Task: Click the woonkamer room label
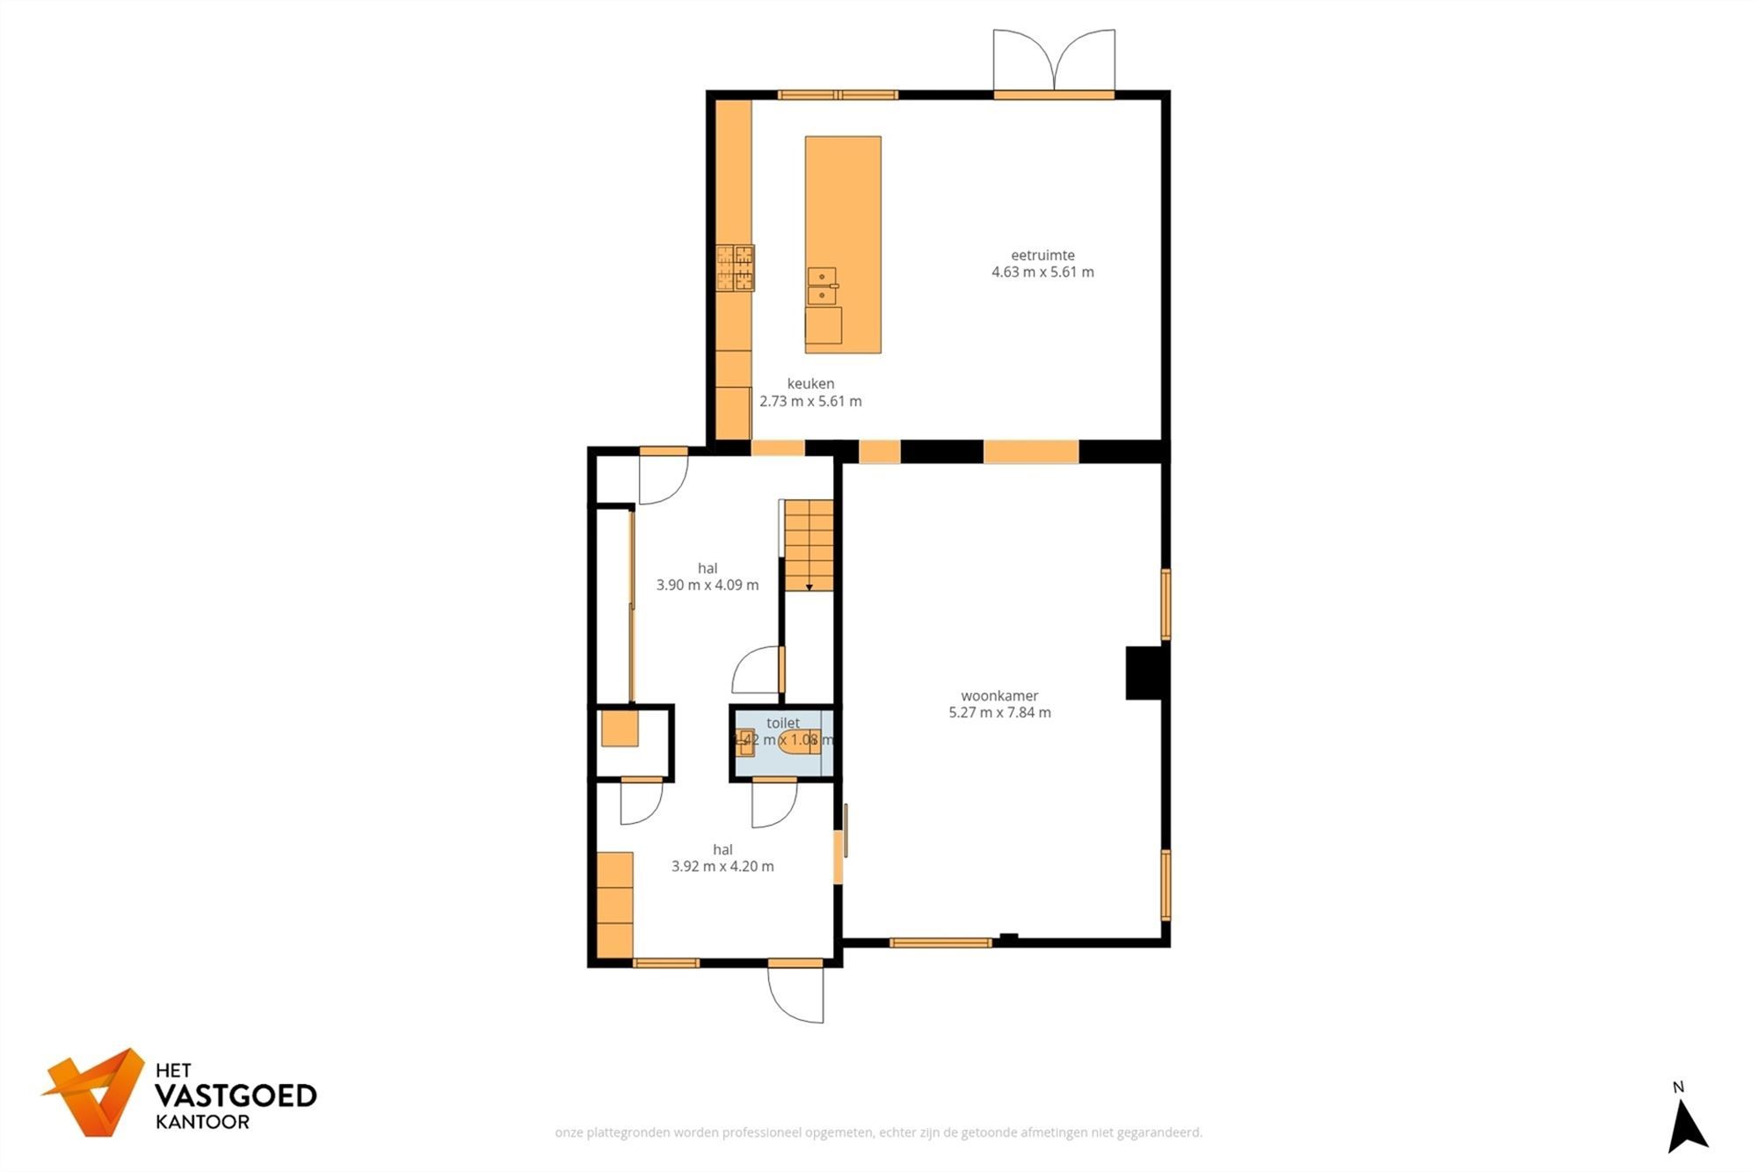coord(999,695)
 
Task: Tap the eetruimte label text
coord(1042,255)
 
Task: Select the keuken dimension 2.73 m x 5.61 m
coord(810,401)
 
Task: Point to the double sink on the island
coord(822,286)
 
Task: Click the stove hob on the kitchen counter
coord(735,268)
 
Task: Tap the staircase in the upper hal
coord(809,545)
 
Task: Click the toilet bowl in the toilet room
coord(799,741)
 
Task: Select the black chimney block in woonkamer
coord(1144,673)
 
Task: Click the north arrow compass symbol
coord(1687,1128)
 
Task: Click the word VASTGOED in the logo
coord(236,1096)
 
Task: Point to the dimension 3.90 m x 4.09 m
coord(708,585)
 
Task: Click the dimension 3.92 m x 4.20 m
coord(723,866)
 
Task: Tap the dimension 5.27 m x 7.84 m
coord(999,712)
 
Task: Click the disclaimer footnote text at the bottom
coord(878,1132)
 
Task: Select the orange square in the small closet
coord(620,729)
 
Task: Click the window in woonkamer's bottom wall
coord(940,943)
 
